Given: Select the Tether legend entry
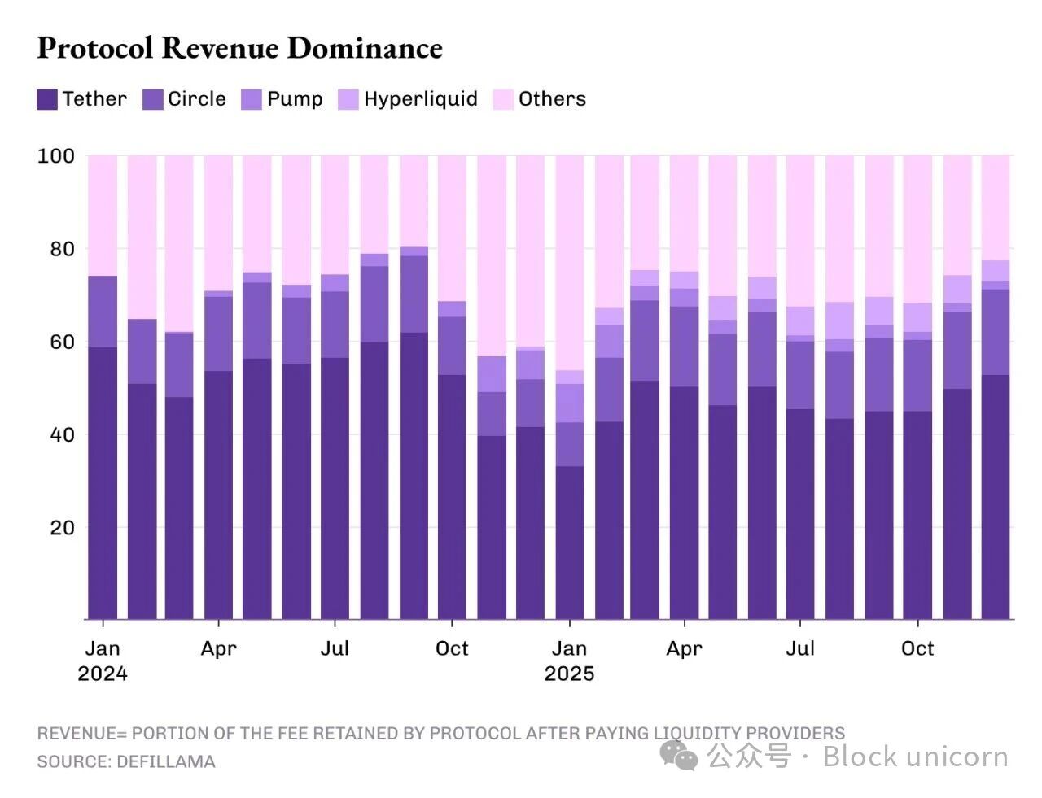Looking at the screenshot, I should tap(82, 99).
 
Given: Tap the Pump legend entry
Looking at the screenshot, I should tap(282, 99).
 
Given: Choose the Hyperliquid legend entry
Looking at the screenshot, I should tap(408, 99).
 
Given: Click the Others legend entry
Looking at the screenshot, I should tap(541, 99).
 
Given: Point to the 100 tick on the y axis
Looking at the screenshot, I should tap(55, 155).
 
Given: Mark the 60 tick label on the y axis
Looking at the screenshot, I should tap(62, 342).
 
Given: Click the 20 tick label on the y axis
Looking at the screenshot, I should tap(62, 527).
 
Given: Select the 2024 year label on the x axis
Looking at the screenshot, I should tap(103, 674).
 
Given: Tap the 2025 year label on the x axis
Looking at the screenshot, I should tap(569, 674).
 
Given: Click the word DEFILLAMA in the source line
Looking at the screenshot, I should tap(166, 762).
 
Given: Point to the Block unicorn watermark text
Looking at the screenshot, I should tap(915, 757).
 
